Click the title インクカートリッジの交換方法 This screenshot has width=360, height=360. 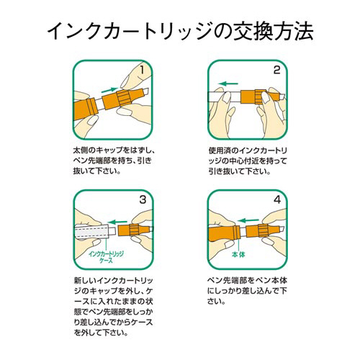click(x=180, y=31)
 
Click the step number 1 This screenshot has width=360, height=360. click(x=142, y=70)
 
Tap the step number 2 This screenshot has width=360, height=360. click(x=276, y=70)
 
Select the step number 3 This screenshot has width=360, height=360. click(x=143, y=199)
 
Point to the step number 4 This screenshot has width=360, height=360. click(x=277, y=199)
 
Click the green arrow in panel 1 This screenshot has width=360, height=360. click(x=110, y=90)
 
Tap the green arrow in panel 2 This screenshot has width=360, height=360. click(x=228, y=84)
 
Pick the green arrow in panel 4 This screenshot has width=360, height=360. click(x=250, y=220)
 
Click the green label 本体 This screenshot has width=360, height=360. click(x=238, y=254)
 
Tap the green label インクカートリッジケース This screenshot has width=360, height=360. click(x=106, y=257)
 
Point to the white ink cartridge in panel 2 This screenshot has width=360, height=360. click(x=225, y=98)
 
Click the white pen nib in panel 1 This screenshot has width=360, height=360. click(x=145, y=91)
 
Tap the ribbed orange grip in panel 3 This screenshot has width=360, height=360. click(x=134, y=230)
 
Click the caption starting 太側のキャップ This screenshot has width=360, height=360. click(x=113, y=161)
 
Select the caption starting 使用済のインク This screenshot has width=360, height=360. click(x=248, y=161)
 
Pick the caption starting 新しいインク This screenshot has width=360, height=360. click(x=113, y=307)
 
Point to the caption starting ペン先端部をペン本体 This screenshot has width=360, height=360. click(x=248, y=291)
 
